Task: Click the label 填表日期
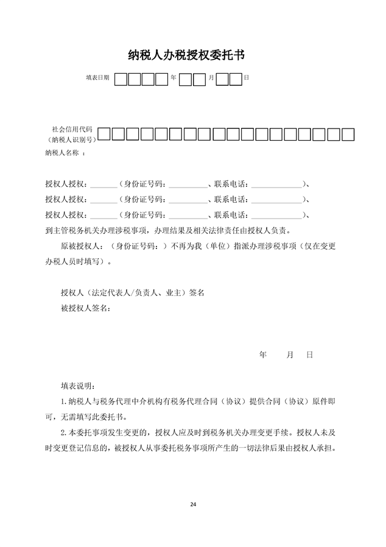click(97, 79)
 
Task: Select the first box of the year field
click(121, 79)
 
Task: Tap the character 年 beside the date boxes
click(174, 79)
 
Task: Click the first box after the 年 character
click(186, 79)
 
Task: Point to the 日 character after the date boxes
click(246, 79)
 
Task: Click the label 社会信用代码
click(72, 130)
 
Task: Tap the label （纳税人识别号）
click(71, 140)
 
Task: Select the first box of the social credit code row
click(104, 134)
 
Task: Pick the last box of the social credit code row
click(348, 134)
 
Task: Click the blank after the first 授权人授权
click(104, 184)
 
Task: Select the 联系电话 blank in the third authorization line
click(276, 215)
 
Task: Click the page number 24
click(193, 504)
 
